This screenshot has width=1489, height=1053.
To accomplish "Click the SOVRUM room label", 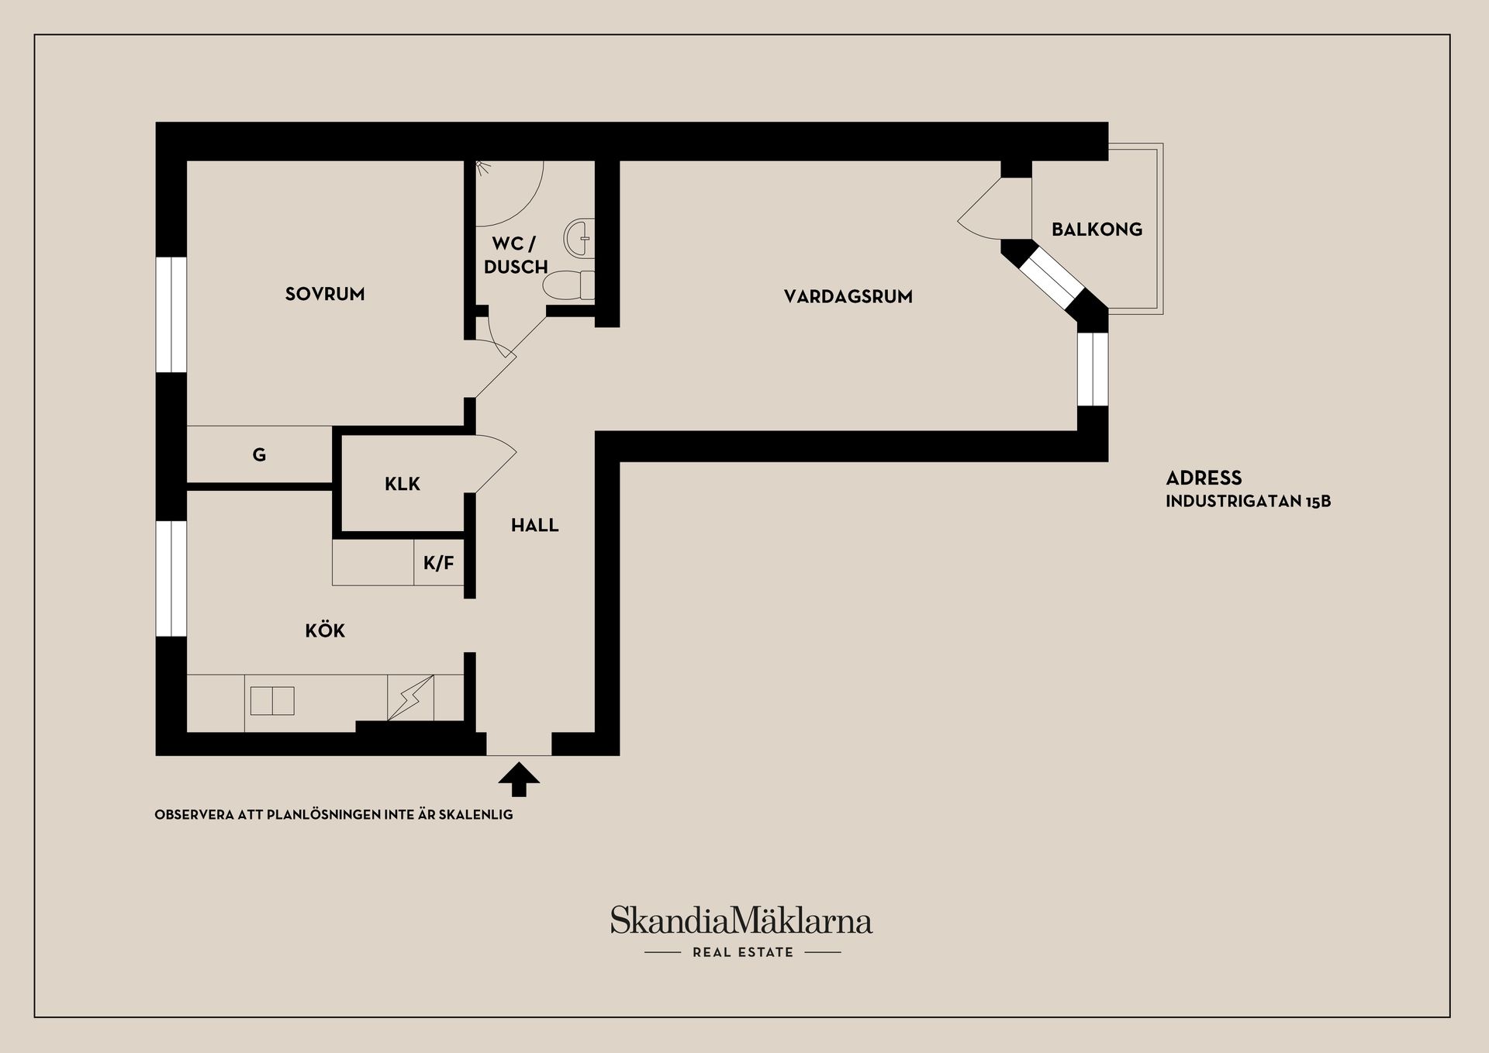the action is click(325, 294).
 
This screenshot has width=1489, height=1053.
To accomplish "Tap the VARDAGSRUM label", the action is click(848, 296).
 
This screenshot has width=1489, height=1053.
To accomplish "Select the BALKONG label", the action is click(1097, 230).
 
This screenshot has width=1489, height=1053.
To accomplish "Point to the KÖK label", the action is click(325, 630).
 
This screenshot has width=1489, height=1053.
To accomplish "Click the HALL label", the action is click(534, 526).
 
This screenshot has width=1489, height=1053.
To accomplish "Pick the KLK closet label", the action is click(402, 485).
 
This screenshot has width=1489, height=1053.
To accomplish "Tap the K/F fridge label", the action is click(439, 564).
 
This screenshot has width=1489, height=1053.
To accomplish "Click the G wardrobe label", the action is click(259, 455).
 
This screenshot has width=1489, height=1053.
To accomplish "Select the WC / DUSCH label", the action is click(516, 255).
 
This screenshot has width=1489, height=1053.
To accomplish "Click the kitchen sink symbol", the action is click(272, 701).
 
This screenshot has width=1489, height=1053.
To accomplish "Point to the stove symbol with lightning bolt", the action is click(410, 697).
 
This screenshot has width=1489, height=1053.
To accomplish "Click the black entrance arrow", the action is click(519, 779).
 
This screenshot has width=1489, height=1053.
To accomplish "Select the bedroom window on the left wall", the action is click(171, 315).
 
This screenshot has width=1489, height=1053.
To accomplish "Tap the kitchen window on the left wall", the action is click(171, 578).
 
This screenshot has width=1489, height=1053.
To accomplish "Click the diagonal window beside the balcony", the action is click(1051, 279).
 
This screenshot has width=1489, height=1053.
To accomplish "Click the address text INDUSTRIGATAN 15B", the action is click(1248, 502).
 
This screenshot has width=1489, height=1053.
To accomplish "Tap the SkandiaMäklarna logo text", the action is click(741, 920).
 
